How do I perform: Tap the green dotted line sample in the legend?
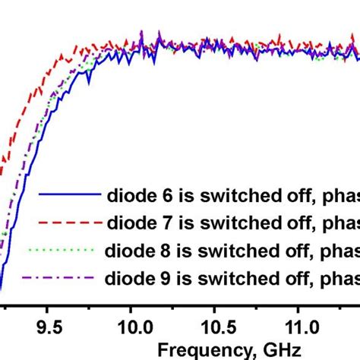click(65, 249)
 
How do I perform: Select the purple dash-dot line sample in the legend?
click(65, 276)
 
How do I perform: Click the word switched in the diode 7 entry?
click(225, 223)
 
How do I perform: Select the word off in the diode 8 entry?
click(286, 249)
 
